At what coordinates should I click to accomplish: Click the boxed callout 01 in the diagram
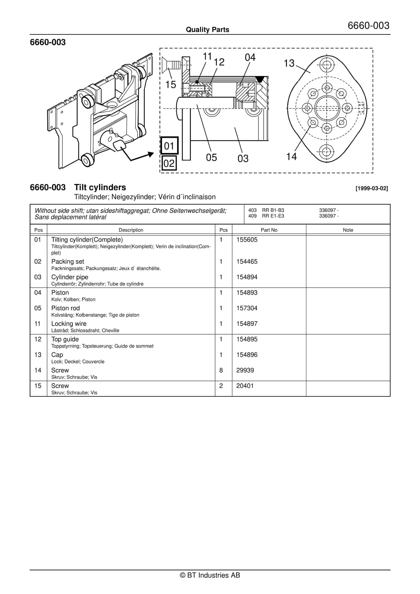tap(169, 146)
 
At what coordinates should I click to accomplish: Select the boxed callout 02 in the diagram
tap(169, 163)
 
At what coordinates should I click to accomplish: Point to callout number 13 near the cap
tap(289, 63)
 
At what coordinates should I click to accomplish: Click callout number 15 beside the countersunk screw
tap(170, 85)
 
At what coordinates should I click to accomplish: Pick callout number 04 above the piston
tap(250, 57)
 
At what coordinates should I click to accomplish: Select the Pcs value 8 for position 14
tap(221, 370)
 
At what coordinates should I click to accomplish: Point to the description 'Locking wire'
tap(69, 324)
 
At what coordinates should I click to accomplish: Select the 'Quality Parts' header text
tap(207, 29)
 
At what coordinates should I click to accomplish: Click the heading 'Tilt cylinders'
tap(100, 187)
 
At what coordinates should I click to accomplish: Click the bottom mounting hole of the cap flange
tap(327, 152)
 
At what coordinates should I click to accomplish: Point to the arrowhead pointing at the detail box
tap(151, 155)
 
